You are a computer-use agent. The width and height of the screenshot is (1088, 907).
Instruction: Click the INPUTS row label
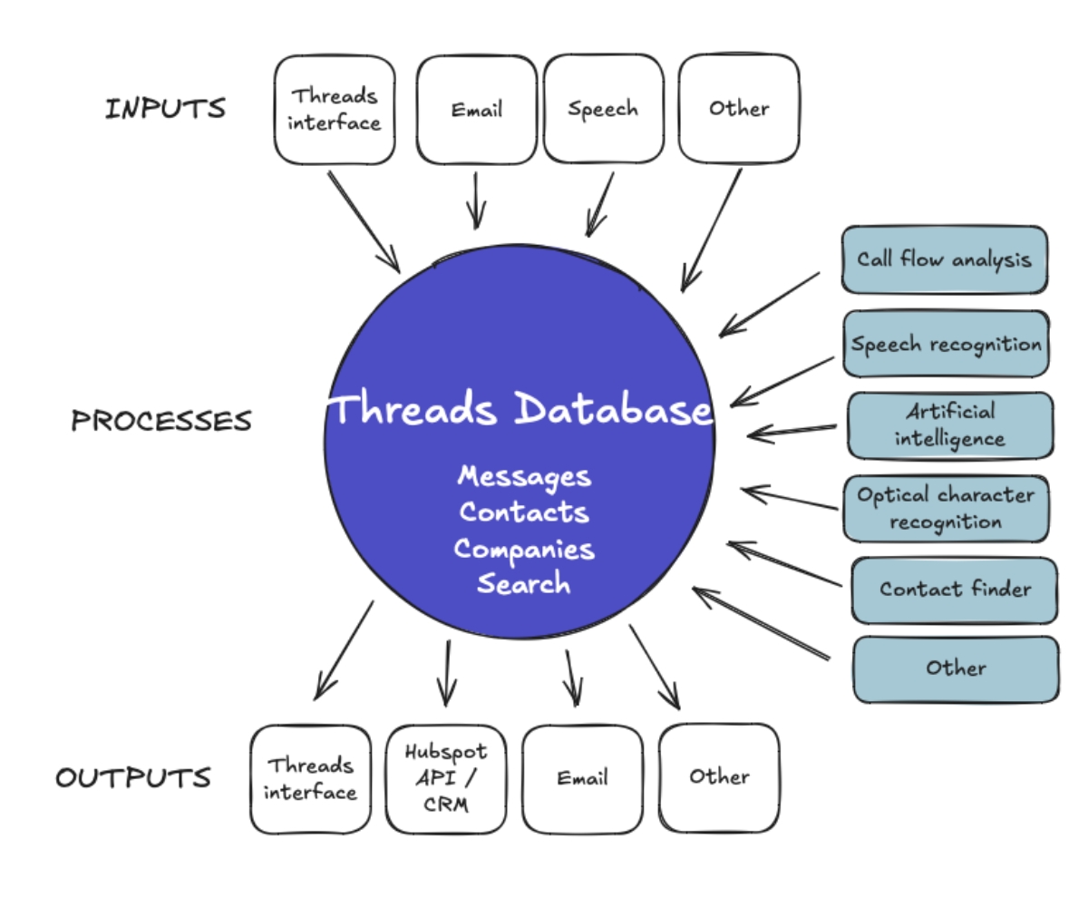pos(165,109)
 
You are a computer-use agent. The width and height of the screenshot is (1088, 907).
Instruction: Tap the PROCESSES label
pos(161,421)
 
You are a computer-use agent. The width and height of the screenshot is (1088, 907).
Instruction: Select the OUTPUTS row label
pos(133,778)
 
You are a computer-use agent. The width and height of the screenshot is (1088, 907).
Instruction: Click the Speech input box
pos(603,109)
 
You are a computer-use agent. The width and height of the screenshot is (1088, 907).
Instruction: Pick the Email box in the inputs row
pos(476,110)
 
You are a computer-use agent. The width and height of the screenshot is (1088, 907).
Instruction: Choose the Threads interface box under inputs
pos(335,110)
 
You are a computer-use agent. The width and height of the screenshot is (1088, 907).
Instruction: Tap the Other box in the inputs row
pos(738,108)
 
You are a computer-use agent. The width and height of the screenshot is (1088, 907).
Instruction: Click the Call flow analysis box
pos(944,259)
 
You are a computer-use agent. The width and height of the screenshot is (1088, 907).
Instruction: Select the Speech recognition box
pos(946,344)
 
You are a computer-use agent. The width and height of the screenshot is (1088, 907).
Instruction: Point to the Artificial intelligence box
pos(949,425)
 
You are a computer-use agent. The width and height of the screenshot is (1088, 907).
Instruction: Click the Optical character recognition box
pos(946,509)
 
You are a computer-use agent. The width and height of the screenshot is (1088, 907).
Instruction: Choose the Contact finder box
pos(954,590)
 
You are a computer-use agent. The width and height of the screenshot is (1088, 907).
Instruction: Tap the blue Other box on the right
pos(956,669)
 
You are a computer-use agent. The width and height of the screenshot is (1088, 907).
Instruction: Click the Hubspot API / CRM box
pos(445,778)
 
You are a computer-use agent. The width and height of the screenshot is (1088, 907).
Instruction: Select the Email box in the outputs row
pos(582,778)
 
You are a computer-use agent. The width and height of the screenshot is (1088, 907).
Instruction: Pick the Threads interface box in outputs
pos(310,779)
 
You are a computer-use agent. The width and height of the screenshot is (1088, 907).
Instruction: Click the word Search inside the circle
pos(524,583)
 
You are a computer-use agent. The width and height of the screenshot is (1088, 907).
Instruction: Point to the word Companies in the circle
pos(524,549)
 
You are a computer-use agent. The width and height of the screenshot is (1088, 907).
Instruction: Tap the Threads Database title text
pos(520,410)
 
